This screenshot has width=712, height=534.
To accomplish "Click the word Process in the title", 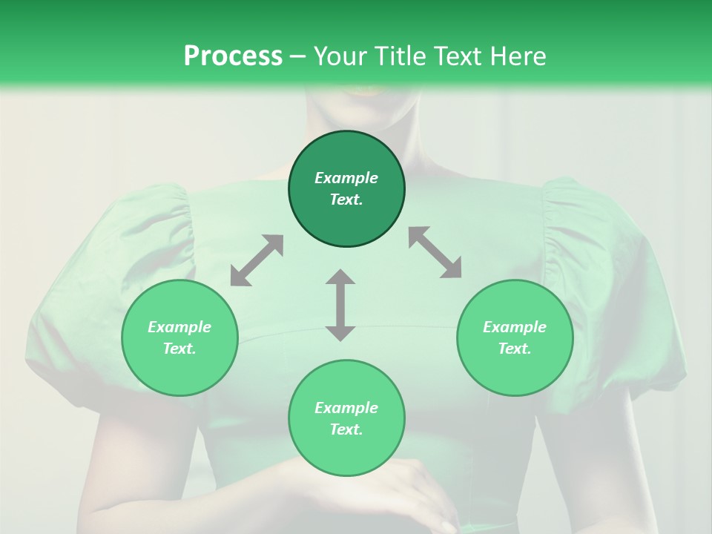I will [x=233, y=56].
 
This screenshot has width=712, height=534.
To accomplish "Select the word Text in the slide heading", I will [x=456, y=56].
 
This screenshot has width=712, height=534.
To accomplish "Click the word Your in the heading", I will [x=342, y=56].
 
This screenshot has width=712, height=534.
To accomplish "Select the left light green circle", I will [x=179, y=337].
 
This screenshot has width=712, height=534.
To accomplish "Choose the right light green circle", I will [x=515, y=337].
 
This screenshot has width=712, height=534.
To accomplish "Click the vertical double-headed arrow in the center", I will [x=340, y=305].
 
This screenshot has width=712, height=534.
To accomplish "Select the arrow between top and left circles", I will [x=257, y=260].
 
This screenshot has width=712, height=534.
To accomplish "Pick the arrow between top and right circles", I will [x=435, y=252].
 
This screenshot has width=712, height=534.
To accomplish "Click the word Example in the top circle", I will [x=346, y=178].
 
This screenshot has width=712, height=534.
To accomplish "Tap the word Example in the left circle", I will [x=179, y=327].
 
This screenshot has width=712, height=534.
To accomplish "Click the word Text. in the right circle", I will [x=515, y=349].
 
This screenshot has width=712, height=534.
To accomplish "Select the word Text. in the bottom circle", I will [x=346, y=429].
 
